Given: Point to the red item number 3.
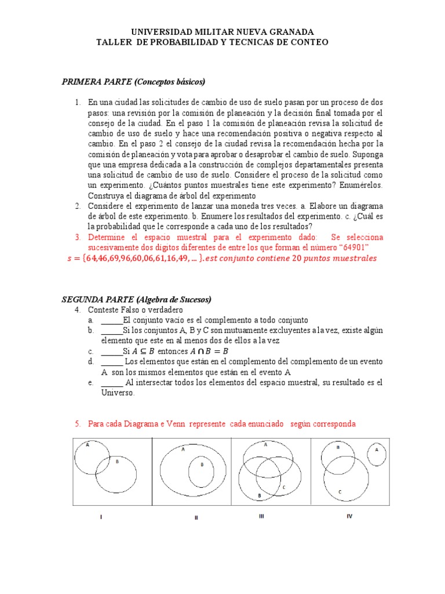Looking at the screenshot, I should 78,237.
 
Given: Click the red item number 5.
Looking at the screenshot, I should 78,424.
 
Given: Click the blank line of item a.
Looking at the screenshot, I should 112,320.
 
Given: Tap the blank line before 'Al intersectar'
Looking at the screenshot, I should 112,383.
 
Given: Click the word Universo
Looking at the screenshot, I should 118,393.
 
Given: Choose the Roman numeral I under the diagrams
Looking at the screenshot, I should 101,516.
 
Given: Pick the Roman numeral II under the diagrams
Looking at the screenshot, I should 196,517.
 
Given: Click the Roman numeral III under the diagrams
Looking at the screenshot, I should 261,516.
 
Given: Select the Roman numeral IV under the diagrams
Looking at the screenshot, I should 349,516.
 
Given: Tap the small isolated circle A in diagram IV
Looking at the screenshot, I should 377,455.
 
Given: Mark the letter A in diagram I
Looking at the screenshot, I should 87,445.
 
